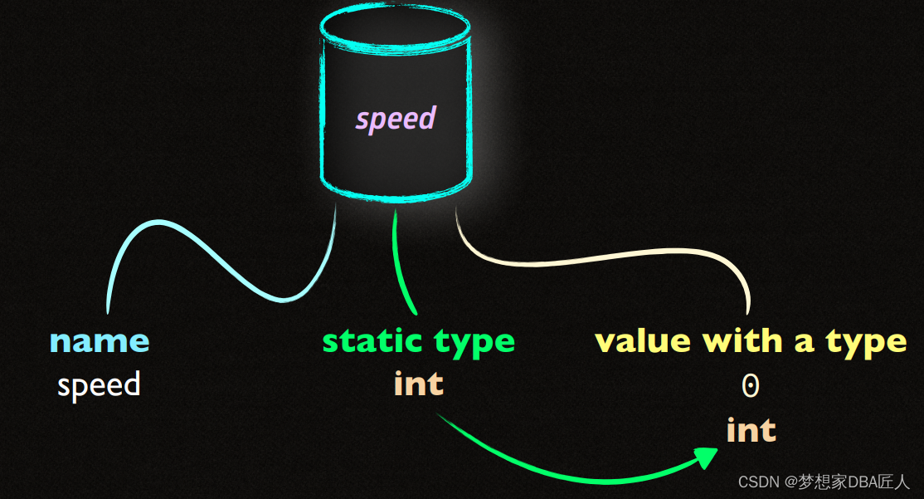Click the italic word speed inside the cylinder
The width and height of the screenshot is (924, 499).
396,120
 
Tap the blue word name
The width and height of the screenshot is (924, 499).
100,341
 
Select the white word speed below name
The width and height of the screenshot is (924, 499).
99,384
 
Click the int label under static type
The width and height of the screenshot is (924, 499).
419,384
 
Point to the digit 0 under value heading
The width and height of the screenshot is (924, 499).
751,385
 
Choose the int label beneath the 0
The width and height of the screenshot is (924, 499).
751,430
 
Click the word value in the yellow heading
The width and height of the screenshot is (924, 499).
644,341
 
